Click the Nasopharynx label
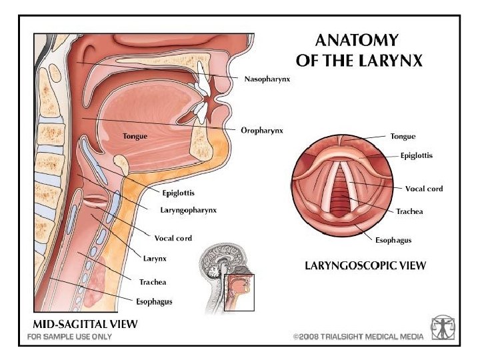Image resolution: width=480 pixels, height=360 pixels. click(267, 79)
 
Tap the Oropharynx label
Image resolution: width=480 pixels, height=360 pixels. click(262, 131)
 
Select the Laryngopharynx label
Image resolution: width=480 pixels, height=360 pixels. click(188, 210)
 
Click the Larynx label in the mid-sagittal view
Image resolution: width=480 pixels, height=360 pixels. click(155, 258)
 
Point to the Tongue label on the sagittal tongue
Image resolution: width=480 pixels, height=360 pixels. click(135, 136)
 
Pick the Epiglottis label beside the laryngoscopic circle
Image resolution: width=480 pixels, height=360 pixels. click(416, 156)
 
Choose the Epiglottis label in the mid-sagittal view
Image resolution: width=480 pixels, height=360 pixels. click(179, 194)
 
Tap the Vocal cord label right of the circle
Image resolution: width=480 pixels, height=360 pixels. click(424, 189)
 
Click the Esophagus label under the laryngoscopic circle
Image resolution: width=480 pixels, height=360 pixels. click(393, 239)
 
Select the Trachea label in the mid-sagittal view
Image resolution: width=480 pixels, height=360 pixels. click(153, 282)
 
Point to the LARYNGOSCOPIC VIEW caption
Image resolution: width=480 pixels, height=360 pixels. click(365, 265)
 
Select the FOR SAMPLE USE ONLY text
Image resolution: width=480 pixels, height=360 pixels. click(69, 337)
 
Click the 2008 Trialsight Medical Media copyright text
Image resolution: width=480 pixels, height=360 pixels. click(358, 337)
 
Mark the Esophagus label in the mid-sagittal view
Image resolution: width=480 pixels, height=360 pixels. click(154, 301)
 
